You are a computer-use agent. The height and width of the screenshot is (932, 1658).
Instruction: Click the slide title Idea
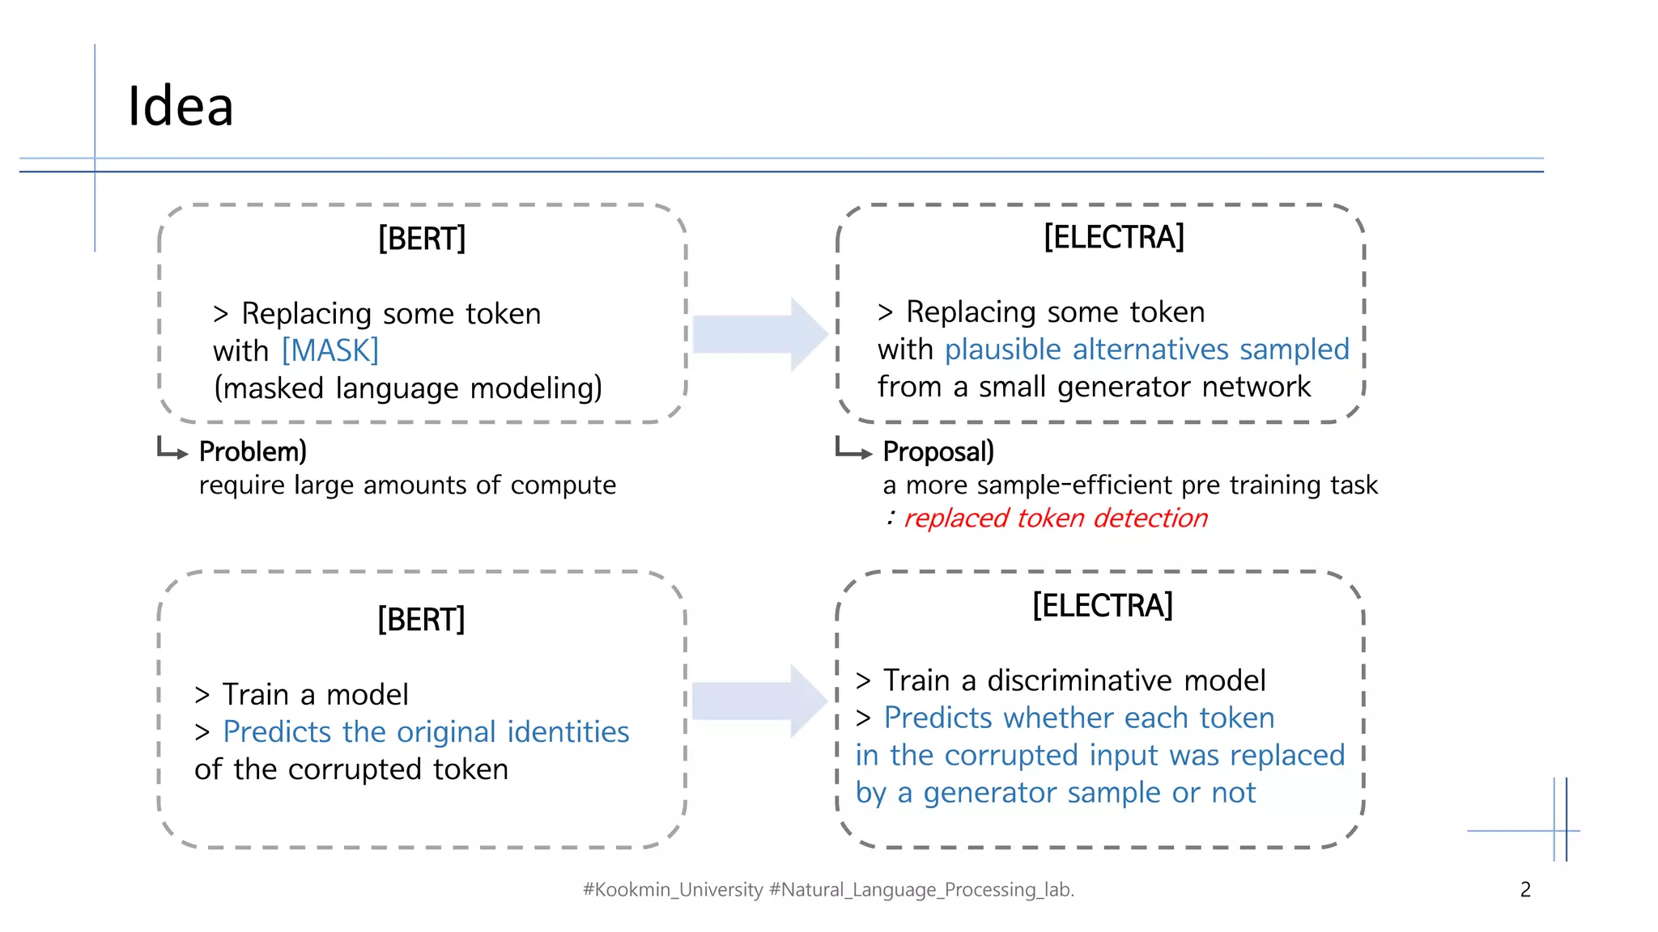click(x=181, y=106)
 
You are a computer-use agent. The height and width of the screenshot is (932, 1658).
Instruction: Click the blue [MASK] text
click(x=330, y=351)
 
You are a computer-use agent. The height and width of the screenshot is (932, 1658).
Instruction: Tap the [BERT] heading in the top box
click(x=422, y=239)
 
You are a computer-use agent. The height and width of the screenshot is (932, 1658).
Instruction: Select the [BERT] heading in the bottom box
click(x=421, y=620)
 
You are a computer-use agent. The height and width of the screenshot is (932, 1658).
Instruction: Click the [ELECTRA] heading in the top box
click(x=1113, y=237)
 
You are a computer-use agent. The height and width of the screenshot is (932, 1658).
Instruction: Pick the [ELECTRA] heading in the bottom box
click(x=1102, y=605)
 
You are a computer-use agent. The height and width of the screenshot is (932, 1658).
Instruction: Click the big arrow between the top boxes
click(x=759, y=334)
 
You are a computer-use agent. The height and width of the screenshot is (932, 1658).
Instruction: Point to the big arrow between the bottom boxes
click(x=759, y=701)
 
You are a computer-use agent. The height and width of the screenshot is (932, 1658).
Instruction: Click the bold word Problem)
click(x=253, y=451)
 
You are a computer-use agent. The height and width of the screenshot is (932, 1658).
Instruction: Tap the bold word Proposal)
click(x=938, y=451)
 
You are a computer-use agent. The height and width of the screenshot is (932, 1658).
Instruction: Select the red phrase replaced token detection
click(x=1055, y=518)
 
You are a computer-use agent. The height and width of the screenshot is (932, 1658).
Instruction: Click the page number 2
click(x=1525, y=890)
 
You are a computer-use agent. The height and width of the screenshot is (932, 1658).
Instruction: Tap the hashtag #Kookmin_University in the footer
click(x=672, y=890)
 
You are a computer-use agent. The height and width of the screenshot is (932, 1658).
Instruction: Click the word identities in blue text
click(x=568, y=732)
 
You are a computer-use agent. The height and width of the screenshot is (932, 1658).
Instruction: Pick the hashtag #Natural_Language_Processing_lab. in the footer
click(x=921, y=890)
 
